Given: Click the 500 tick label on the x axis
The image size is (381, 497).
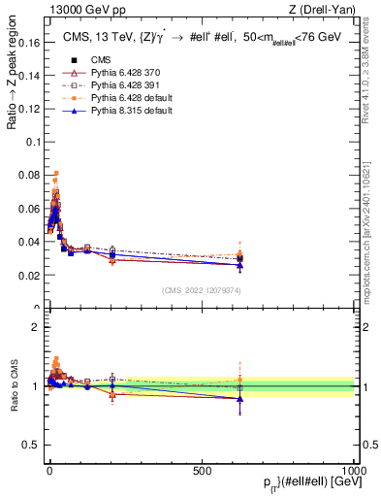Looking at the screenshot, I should point(202,469).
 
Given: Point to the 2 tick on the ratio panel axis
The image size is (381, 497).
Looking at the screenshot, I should point(36,327).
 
